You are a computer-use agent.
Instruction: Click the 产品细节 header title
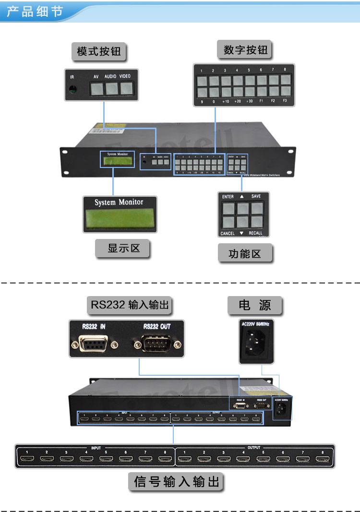click(x=35, y=11)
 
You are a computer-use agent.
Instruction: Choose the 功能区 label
click(x=245, y=254)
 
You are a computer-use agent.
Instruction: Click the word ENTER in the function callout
click(x=228, y=196)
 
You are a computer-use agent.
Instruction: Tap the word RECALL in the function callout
click(x=255, y=233)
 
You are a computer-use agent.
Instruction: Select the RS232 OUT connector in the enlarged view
click(x=156, y=345)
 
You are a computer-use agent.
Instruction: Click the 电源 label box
click(x=255, y=305)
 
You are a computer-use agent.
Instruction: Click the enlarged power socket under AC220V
click(x=257, y=344)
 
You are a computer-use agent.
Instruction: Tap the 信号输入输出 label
click(x=177, y=481)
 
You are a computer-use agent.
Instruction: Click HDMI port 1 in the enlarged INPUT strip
click(x=28, y=460)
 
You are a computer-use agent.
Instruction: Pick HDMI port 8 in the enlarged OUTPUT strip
click(x=323, y=460)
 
